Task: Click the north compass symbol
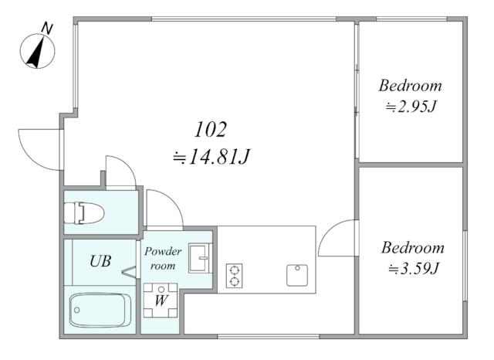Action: [x=37, y=51]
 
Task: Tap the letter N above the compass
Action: [x=47, y=29]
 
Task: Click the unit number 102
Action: [x=211, y=129]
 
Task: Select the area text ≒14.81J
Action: [x=211, y=157]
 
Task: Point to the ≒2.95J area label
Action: [x=411, y=107]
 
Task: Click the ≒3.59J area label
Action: [x=414, y=269]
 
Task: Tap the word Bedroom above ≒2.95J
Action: [x=410, y=86]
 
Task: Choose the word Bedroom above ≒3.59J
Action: [x=413, y=248]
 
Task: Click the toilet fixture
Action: [x=84, y=212]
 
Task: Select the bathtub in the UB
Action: [x=100, y=311]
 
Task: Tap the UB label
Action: [x=100, y=261]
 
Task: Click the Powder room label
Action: [x=163, y=259]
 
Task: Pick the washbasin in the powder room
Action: [x=201, y=258]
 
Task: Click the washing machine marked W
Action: [x=161, y=300]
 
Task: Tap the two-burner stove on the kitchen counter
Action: [x=234, y=276]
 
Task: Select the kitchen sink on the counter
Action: [x=297, y=275]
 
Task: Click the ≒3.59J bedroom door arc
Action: [x=327, y=230]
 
